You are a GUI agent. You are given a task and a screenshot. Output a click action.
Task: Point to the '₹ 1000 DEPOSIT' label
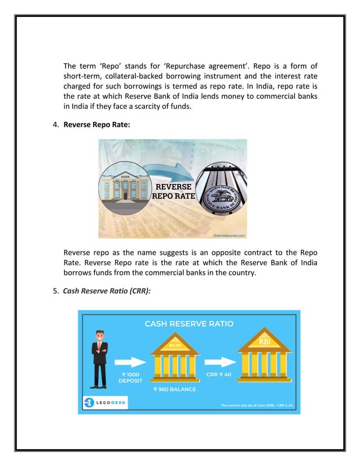(130, 377)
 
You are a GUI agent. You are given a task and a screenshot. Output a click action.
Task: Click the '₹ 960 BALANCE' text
(175, 389)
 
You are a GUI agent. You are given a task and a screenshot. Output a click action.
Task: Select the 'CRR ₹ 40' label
(219, 374)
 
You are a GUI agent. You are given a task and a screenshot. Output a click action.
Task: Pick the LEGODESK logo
(104, 402)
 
